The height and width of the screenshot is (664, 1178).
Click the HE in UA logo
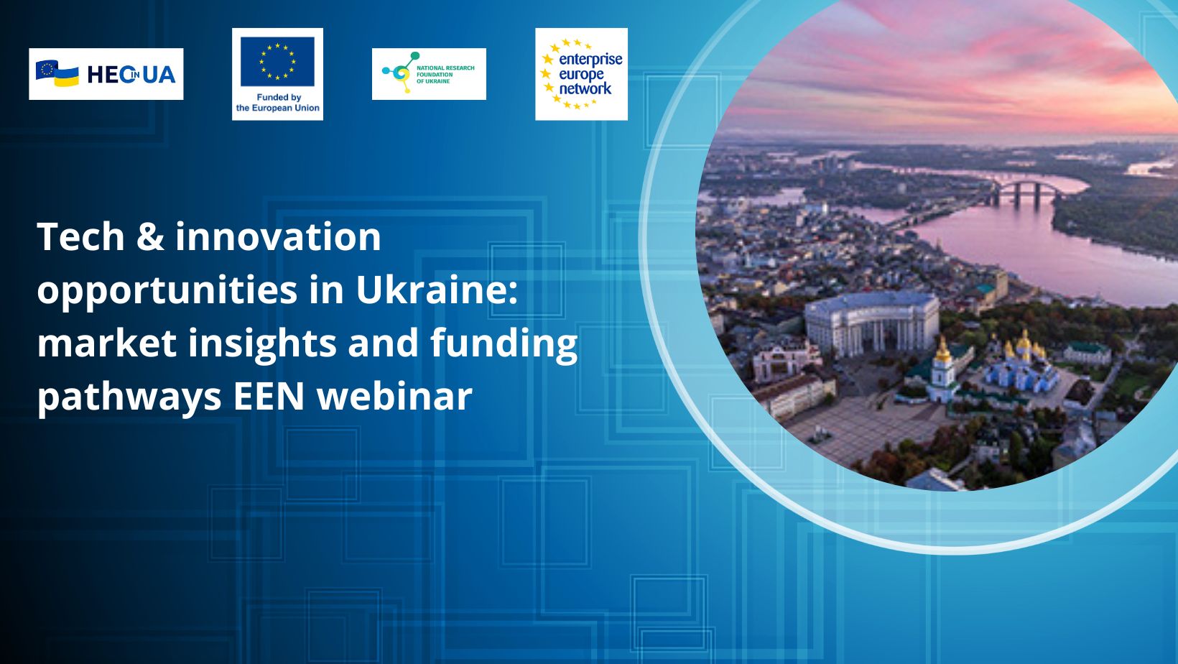(x=106, y=74)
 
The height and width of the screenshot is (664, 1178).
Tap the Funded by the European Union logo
(x=277, y=74)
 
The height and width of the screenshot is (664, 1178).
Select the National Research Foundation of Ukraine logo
(x=429, y=74)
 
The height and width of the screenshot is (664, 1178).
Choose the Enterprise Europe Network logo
(x=581, y=74)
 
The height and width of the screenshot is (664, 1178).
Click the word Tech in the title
(x=81, y=236)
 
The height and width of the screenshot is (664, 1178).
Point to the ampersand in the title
(x=149, y=236)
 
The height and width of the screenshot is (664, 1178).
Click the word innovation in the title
(x=278, y=236)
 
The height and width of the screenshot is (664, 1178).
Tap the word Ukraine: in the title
(x=437, y=290)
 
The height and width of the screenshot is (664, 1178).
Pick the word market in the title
(x=106, y=343)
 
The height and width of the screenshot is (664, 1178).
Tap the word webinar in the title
(x=394, y=396)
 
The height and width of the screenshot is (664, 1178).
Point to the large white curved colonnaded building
(x=871, y=323)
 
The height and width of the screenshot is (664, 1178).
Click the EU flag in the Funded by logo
(x=277, y=61)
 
